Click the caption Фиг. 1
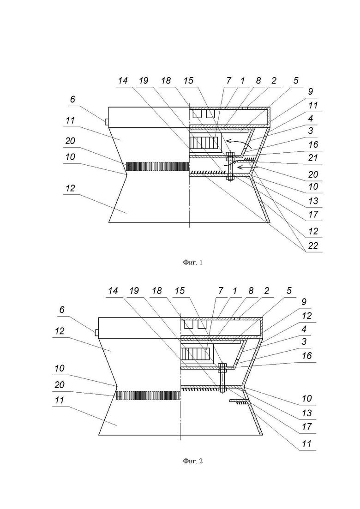tap(193, 262)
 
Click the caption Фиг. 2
tap(193, 461)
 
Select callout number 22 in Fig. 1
tap(313, 246)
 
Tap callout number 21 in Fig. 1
tap(313, 158)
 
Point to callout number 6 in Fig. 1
tap(72, 99)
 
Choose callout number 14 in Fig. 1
tap(123, 80)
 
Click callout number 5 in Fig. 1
tap(296, 80)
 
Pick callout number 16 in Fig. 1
tap(313, 144)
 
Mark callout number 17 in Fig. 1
tap(313, 214)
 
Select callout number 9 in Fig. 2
tap(304, 301)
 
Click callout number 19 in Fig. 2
tap(134, 291)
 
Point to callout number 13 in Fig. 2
tap(306, 413)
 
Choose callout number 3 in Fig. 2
tap(304, 341)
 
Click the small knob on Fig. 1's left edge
tap(107, 122)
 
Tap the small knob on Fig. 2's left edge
tap(96, 333)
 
